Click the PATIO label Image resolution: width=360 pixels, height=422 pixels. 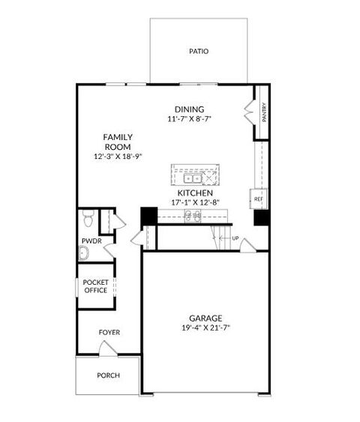point(199,52)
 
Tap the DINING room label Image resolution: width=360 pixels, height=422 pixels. point(190,109)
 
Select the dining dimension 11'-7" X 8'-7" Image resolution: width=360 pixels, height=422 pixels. point(190,119)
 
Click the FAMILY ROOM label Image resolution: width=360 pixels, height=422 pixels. point(118,142)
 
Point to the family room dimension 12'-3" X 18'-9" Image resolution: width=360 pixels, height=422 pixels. point(118,157)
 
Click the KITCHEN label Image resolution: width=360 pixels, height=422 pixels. point(189,193)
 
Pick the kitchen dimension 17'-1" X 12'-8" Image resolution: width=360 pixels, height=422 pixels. point(189,202)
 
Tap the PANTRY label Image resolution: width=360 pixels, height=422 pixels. point(264,112)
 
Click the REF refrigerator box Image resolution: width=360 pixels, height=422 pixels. point(257,199)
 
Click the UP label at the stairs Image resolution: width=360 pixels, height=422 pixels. point(235,238)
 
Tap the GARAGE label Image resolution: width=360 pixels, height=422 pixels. point(205,318)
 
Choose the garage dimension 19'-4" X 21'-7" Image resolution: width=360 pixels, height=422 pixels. point(205,328)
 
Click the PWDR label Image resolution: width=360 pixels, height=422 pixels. point(91,241)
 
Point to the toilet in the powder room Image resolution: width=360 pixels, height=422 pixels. point(88,219)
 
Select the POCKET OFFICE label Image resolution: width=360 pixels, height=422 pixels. point(96,286)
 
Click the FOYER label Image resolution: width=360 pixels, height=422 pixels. point(109,332)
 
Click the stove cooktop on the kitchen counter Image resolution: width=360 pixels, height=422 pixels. point(191,217)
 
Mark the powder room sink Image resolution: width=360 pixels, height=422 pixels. point(85,253)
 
